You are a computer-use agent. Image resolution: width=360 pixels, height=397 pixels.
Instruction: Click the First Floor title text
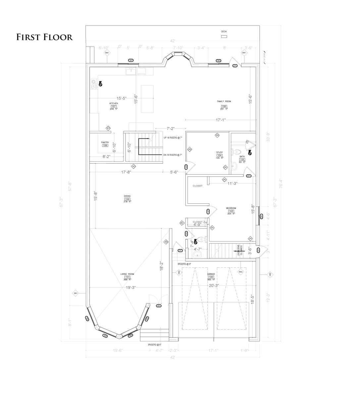tap(44, 37)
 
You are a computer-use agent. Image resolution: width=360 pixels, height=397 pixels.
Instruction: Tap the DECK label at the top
tap(224, 32)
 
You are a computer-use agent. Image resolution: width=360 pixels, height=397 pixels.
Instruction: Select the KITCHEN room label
tap(114, 103)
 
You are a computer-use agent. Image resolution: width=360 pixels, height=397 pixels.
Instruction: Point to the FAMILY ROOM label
tap(224, 101)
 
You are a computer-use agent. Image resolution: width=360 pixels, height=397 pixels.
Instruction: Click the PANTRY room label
tap(105, 143)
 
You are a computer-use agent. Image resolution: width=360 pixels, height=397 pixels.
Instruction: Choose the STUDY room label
tap(219, 153)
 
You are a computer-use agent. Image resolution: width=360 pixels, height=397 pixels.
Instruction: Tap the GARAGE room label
tap(211, 274)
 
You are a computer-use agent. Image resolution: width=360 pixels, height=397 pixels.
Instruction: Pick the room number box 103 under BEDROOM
tap(231, 211)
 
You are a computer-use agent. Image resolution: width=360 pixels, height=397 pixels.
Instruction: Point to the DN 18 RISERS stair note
tap(172, 155)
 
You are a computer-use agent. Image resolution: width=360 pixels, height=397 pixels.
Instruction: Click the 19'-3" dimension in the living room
tap(130, 287)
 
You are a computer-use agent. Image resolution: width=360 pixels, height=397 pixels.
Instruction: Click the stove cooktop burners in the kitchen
tap(94, 84)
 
